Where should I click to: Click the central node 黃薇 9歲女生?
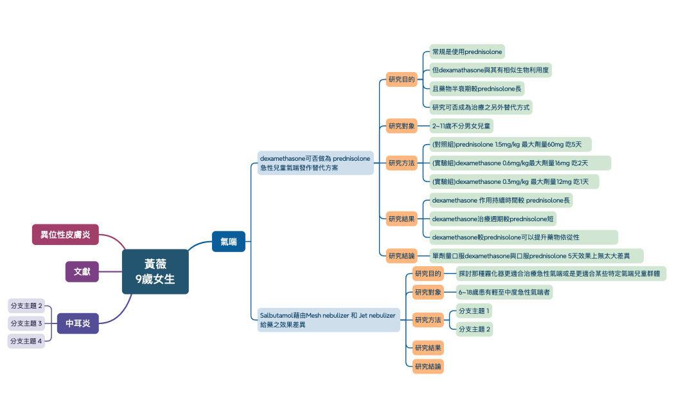click(x=155, y=271)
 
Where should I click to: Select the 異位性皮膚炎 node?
click(x=66, y=235)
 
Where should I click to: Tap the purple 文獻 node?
click(x=82, y=271)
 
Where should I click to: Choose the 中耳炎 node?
click(x=78, y=323)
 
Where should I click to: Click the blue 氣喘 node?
click(x=229, y=241)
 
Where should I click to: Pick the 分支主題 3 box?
click(x=26, y=323)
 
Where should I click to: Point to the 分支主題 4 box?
click(x=26, y=341)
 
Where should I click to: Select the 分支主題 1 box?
click(x=474, y=311)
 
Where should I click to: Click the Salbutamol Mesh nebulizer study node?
click(x=328, y=320)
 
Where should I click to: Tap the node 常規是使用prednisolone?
click(x=467, y=51)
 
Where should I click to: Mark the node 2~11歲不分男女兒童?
click(x=461, y=126)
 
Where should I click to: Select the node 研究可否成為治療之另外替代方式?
click(x=481, y=107)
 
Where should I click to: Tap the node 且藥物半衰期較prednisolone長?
click(x=477, y=89)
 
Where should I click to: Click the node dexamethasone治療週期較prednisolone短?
click(x=493, y=219)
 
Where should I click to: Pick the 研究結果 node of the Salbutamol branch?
click(x=428, y=348)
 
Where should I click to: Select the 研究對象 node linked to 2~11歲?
click(x=402, y=126)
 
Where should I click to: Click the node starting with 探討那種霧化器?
click(x=561, y=274)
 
